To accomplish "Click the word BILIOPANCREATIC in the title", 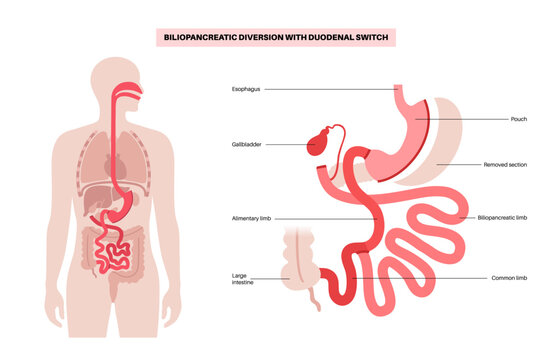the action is tap(205, 37).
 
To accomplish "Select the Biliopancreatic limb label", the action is tap(511, 217).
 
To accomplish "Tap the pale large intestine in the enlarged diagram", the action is tap(301, 266).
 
